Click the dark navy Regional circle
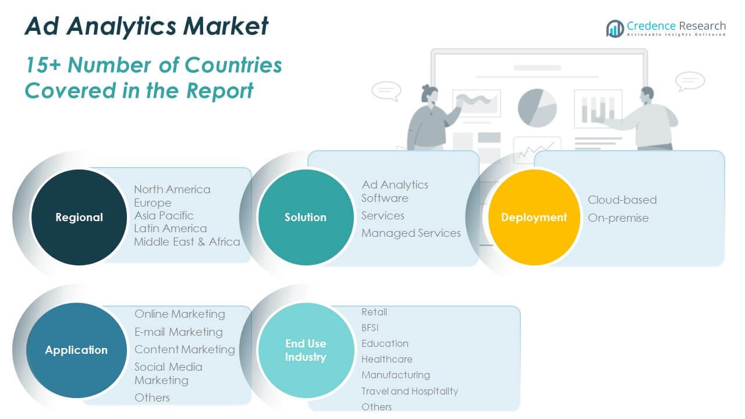click(79, 217)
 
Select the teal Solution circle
click(306, 217)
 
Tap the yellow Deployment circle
click(534, 217)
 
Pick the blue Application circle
click(76, 350)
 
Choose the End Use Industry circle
click(306, 350)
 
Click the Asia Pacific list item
click(164, 215)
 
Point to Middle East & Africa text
click(187, 242)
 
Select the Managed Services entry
click(411, 233)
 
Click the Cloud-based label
click(622, 200)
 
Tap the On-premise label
click(618, 218)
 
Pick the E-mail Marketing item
click(178, 332)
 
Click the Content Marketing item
click(185, 349)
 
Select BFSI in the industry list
click(370, 328)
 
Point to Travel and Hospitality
click(409, 391)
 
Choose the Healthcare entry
click(386, 359)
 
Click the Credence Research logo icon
click(615, 28)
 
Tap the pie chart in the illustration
click(537, 108)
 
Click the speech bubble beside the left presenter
click(386, 91)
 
